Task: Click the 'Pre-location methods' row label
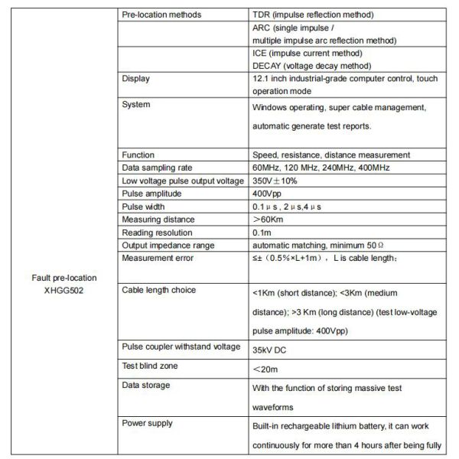[x=162, y=15]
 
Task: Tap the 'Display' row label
[x=136, y=78]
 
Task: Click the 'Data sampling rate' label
[x=157, y=167]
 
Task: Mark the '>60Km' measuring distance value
[x=269, y=219]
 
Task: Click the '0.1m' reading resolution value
[x=262, y=232]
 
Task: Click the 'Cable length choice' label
[x=159, y=290]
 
